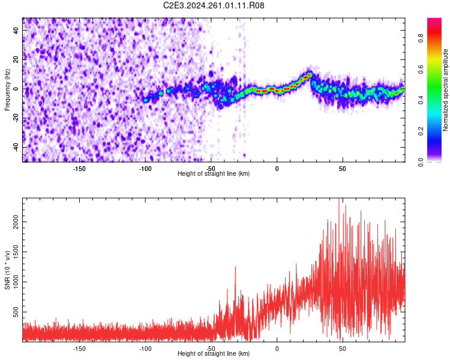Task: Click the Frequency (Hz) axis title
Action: (7, 89)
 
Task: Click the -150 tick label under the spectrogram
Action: (79, 169)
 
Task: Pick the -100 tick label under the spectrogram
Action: (145, 169)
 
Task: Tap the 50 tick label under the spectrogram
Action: (342, 169)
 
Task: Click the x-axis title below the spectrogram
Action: (214, 174)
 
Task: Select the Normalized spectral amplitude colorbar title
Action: (446, 89)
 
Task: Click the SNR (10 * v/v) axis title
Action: (7, 270)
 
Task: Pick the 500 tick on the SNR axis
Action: (16, 313)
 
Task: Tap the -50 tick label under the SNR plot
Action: (211, 349)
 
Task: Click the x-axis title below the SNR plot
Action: (214, 354)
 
